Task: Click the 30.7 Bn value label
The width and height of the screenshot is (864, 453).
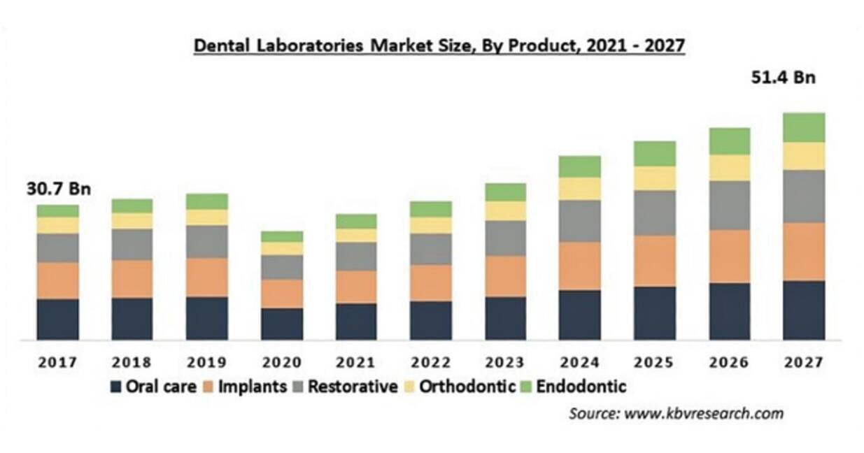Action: click(59, 189)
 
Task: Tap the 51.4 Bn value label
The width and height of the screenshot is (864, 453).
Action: click(784, 78)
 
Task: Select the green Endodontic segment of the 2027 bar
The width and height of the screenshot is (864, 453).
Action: click(805, 128)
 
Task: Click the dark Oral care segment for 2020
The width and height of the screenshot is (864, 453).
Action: click(282, 324)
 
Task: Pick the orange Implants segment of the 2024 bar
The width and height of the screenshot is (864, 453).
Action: click(580, 266)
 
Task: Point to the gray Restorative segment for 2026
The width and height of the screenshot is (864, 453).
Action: click(730, 206)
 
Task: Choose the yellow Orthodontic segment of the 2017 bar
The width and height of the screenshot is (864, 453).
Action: click(58, 226)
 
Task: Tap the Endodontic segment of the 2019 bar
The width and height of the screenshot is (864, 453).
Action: click(207, 201)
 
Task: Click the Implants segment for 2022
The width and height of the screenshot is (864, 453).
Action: click(431, 283)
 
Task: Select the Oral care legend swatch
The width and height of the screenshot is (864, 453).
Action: click(115, 387)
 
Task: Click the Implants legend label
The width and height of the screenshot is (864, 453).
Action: click(253, 387)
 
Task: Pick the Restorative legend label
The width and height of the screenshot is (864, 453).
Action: click(353, 387)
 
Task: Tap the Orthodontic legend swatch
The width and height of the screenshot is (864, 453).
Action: click(409, 387)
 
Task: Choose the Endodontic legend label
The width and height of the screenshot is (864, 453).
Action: click(581, 387)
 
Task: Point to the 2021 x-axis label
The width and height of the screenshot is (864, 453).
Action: click(355, 362)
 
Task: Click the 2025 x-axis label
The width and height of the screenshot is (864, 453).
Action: click(654, 362)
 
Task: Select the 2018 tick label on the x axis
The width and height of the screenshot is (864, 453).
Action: click(132, 362)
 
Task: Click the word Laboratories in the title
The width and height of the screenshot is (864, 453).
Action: click(310, 45)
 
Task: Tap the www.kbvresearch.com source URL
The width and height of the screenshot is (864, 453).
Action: click(704, 414)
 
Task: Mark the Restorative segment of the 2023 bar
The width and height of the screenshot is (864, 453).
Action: click(505, 238)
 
